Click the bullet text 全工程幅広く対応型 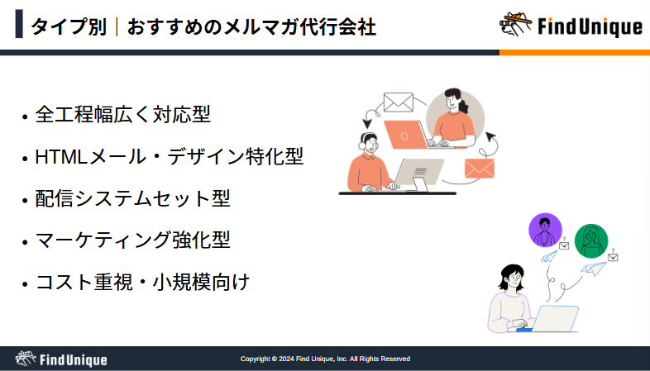click(x=122, y=114)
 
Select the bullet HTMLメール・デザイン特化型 click(x=170, y=156)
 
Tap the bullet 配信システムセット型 click(x=132, y=198)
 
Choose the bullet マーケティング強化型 click(x=132, y=240)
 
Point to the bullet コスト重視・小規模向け click(x=142, y=282)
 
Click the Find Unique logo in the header click(x=571, y=26)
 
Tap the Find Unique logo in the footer click(x=61, y=359)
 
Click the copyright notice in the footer click(x=326, y=359)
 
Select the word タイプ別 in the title click(x=69, y=27)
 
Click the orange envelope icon click(x=479, y=169)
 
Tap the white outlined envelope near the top click(x=399, y=102)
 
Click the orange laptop click(x=406, y=135)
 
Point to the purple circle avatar click(x=545, y=231)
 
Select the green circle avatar click(x=591, y=241)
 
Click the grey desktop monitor click(x=418, y=174)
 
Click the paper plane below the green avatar click(x=594, y=269)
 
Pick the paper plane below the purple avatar click(x=549, y=257)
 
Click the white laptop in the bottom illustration click(x=555, y=318)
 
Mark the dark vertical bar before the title click(x=19, y=24)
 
